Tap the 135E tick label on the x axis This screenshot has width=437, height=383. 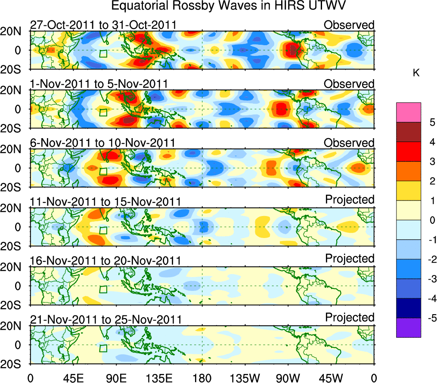point(158,377)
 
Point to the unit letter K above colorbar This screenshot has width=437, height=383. point(416,74)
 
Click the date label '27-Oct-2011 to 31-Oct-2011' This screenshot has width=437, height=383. point(103,25)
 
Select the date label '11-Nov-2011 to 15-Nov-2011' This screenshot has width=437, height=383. point(105,201)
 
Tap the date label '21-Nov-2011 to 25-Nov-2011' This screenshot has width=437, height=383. point(105,319)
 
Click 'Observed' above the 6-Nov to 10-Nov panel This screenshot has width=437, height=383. point(349,143)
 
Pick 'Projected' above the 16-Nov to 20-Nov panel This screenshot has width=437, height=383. point(350,259)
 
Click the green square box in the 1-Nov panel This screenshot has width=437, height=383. point(103,112)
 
